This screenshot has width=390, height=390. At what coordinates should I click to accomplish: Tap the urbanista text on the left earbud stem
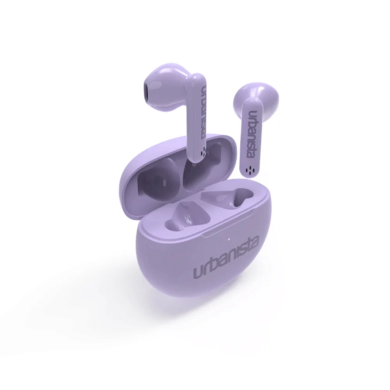click(204, 112)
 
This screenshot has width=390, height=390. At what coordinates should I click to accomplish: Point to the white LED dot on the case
click(229, 240)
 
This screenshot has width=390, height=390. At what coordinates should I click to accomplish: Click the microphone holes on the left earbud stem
click(204, 151)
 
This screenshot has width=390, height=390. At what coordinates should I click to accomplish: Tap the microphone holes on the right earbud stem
click(249, 170)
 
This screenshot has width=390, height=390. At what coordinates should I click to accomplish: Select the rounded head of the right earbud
click(256, 98)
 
